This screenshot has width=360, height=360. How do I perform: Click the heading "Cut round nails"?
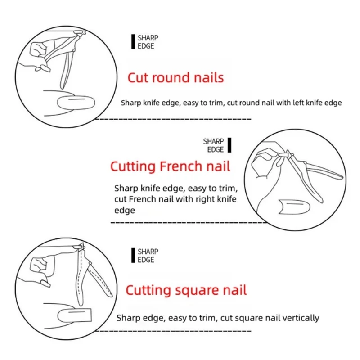[x=175, y=77]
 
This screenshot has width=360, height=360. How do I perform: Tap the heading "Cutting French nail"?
[x=170, y=166]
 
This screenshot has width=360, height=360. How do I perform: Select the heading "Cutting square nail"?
[x=186, y=290]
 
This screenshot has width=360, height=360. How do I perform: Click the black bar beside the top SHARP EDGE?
[x=133, y=42]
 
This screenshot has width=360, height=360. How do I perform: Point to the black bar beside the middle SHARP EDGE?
[x=229, y=145]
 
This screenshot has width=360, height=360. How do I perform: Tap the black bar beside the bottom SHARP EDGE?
[x=133, y=255]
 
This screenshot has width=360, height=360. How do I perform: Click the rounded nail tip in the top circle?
[x=76, y=103]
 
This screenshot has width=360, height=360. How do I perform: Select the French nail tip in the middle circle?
[x=294, y=207]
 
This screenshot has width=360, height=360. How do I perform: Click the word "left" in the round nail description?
[x=297, y=103]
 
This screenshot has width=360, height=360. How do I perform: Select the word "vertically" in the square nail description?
[x=301, y=318]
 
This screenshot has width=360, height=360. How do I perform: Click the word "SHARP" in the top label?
[x=148, y=38]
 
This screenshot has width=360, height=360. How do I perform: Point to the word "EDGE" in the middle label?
[x=216, y=150]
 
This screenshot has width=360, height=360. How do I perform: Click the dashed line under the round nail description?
[x=173, y=119]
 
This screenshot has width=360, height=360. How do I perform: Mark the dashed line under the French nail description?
[x=189, y=222]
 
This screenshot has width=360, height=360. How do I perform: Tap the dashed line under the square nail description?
[x=173, y=331]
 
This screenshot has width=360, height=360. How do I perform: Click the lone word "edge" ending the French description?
[x=125, y=211]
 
